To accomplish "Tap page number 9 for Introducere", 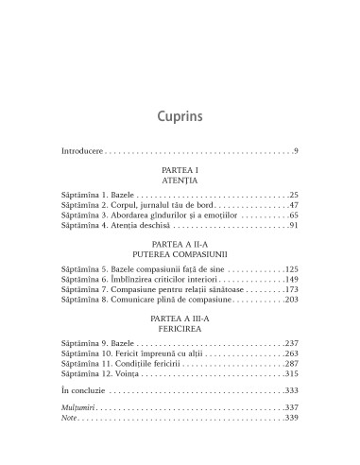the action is [x=297, y=151].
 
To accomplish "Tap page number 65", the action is [x=294, y=216].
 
